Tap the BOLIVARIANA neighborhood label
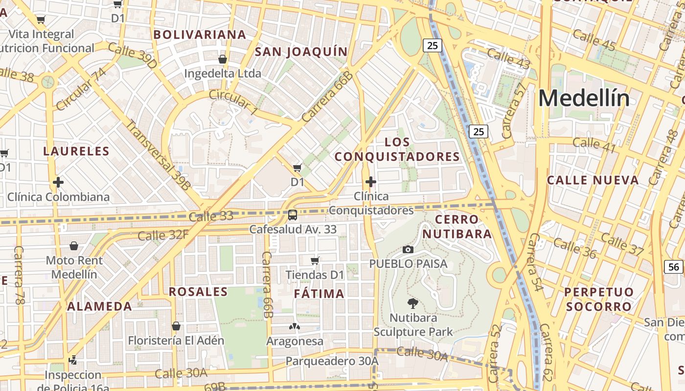pyautogui.click(x=200, y=35)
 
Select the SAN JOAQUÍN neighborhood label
pyautogui.click(x=301, y=52)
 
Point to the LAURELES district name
pyautogui.click(x=76, y=151)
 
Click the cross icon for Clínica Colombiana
pyautogui.click(x=58, y=183)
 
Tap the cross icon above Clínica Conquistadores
pyautogui.click(x=371, y=182)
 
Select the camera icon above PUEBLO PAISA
pyautogui.click(x=408, y=250)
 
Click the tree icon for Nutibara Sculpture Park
pyautogui.click(x=413, y=304)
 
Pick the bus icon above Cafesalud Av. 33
pyautogui.click(x=293, y=215)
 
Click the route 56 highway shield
pyautogui.click(x=674, y=266)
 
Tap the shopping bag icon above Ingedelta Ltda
pyautogui.click(x=223, y=59)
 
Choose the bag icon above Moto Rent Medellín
pyautogui.click(x=74, y=245)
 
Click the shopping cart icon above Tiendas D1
pyautogui.click(x=315, y=261)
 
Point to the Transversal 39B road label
pyautogui.click(x=158, y=154)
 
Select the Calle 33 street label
pyautogui.click(x=211, y=216)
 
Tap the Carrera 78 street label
pyautogui.click(x=19, y=275)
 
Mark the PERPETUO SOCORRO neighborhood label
pyautogui.click(x=598, y=299)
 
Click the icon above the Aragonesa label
pyautogui.click(x=295, y=326)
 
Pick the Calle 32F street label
pyautogui.click(x=163, y=236)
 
